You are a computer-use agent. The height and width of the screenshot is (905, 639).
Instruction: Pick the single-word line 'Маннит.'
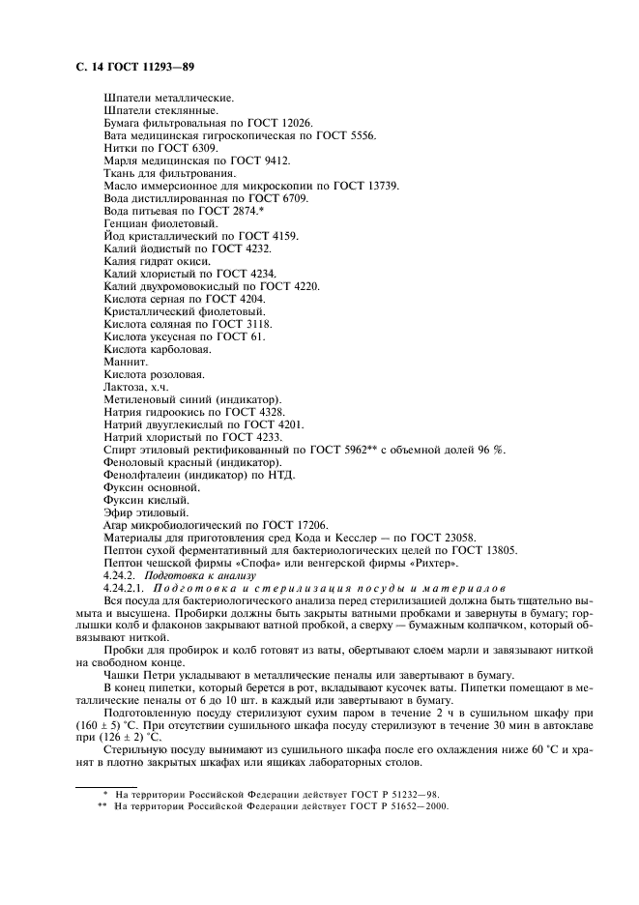124,362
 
